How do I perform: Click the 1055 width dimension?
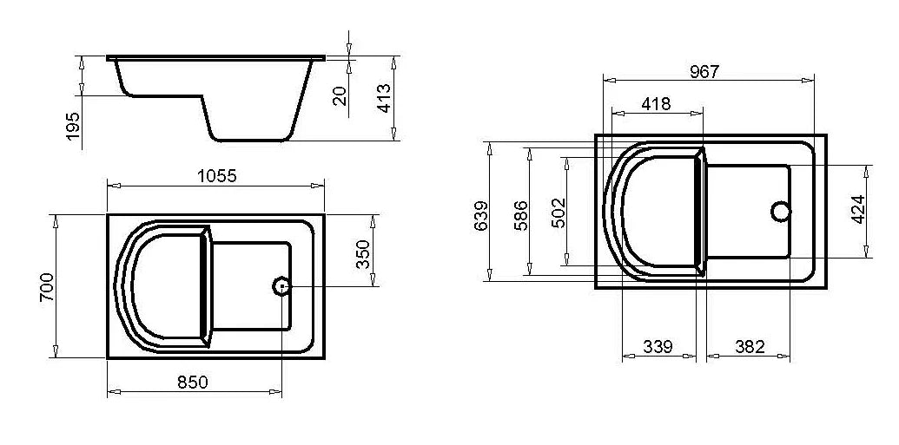[217, 176]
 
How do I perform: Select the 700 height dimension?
[47, 287]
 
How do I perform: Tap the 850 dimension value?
[192, 383]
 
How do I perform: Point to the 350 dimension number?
[364, 254]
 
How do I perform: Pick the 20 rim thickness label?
[340, 95]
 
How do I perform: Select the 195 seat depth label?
[73, 126]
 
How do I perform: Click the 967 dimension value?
[704, 72]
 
